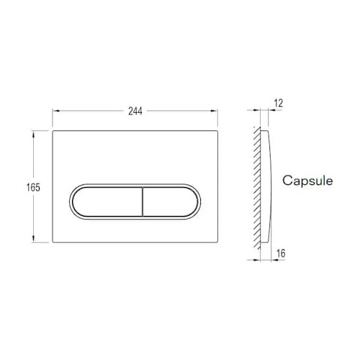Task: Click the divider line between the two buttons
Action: pyautogui.click(x=143, y=202)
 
